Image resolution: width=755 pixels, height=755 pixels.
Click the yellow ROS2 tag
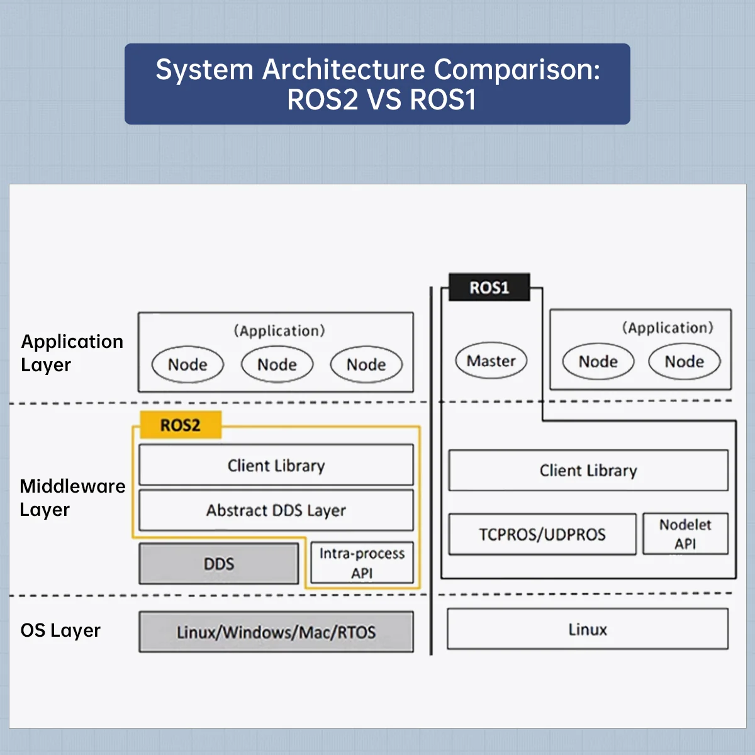pos(181,425)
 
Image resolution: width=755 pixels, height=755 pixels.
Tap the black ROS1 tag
pos(489,288)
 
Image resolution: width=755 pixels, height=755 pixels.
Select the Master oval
pos(491,361)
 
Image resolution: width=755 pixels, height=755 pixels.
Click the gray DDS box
pos(218,563)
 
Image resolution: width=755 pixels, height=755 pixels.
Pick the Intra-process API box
pos(362,563)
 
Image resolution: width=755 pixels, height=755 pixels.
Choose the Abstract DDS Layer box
pos(276,510)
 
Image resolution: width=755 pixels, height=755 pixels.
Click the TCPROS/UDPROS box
pos(542,534)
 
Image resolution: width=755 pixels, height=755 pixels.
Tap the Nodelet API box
pos(685,534)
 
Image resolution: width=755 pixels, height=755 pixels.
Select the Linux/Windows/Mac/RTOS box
pos(276,632)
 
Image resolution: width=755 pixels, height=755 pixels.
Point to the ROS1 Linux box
pos(588,629)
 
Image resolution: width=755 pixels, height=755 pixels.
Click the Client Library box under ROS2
pos(276,465)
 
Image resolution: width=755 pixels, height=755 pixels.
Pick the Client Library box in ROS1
pos(588,470)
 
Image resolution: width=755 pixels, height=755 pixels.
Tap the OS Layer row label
pos(60,630)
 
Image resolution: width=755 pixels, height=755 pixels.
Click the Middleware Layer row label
pos(72,498)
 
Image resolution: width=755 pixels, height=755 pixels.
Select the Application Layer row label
pos(72,353)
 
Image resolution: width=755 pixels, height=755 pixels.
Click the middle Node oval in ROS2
pos(277,364)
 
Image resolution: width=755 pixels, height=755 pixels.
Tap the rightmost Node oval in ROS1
pos(685,361)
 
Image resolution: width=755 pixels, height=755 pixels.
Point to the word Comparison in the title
pos(517,70)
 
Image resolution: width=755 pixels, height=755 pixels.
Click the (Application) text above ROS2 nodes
pos(279,331)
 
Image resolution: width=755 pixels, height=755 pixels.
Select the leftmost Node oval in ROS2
pos(187,364)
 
